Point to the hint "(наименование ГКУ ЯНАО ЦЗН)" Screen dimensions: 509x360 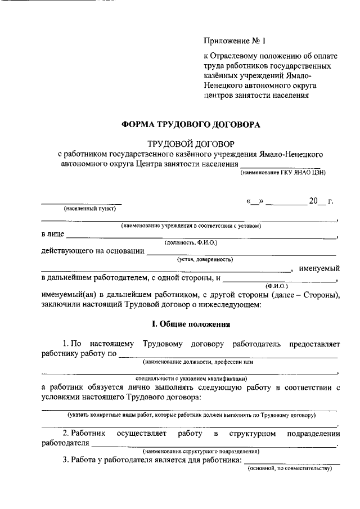283,173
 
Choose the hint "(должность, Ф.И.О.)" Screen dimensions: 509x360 191,242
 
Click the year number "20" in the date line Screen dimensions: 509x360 313,201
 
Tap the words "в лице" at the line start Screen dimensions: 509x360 52,234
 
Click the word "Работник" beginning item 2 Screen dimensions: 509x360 88,434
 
